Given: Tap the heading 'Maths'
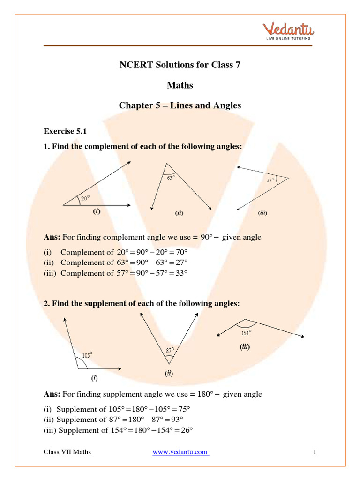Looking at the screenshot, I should pyautogui.click(x=180, y=85).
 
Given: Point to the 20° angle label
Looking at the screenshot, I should pyautogui.click(x=85, y=198).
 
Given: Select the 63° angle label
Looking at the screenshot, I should pyautogui.click(x=171, y=178).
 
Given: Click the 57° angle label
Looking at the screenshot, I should pyautogui.click(x=271, y=180).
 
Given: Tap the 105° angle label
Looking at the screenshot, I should pyautogui.click(x=87, y=355).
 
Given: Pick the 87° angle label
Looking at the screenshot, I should pyautogui.click(x=170, y=350).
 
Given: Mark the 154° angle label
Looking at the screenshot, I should pyautogui.click(x=247, y=333).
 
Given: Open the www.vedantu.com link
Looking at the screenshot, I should pyautogui.click(x=180, y=452).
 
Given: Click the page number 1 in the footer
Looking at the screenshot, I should pyautogui.click(x=315, y=452).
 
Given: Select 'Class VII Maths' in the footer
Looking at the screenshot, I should pyautogui.click(x=67, y=452).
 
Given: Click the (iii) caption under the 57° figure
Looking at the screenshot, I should pyautogui.click(x=262, y=213).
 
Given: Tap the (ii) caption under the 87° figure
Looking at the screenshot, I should pyautogui.click(x=169, y=374).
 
